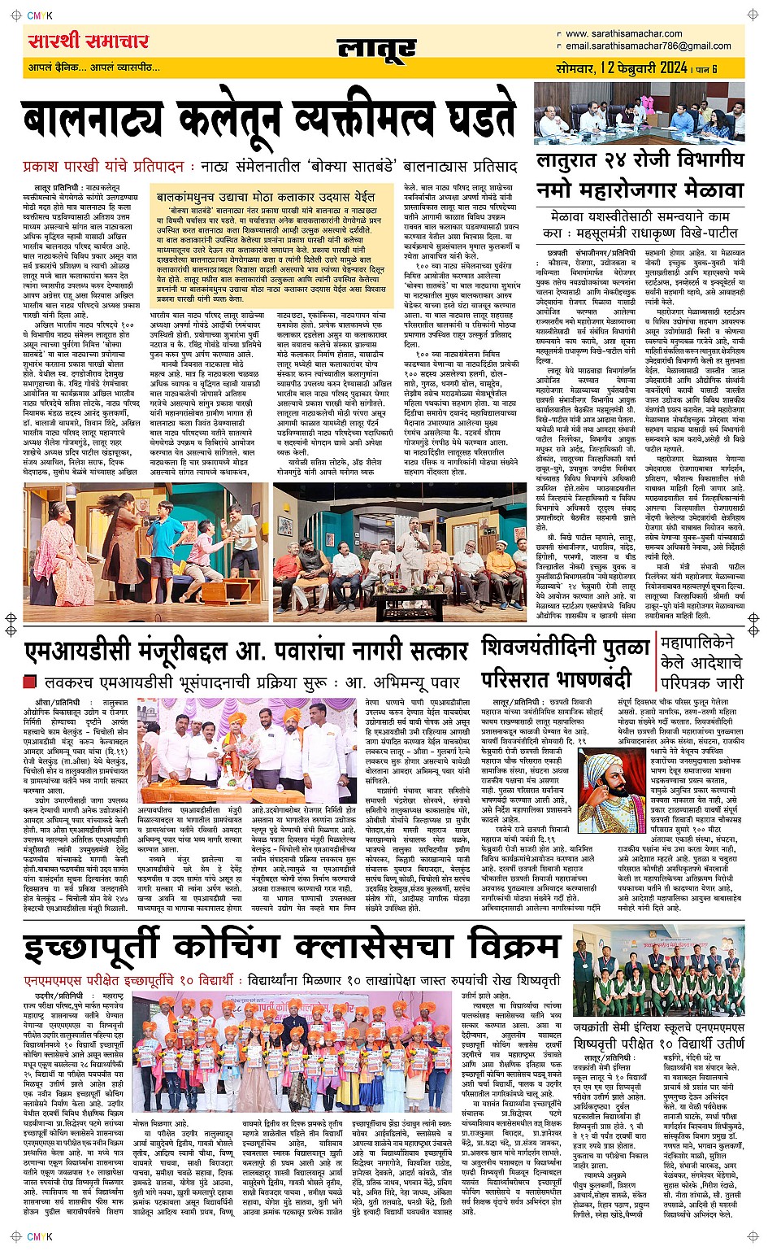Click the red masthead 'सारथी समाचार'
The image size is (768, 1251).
point(88,42)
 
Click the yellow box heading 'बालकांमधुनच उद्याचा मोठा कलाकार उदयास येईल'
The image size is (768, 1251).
point(266,197)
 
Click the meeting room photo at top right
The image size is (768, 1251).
point(639,113)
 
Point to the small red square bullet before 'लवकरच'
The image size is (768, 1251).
point(31,682)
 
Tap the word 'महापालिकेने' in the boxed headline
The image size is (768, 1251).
point(698,643)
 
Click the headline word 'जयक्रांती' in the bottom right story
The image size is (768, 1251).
point(597,1028)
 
